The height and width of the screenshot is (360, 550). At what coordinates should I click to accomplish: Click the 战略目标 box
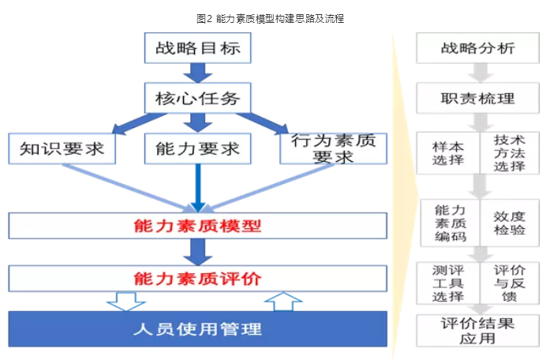[x=197, y=49]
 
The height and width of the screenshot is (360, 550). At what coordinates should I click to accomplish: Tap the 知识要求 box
[x=61, y=148]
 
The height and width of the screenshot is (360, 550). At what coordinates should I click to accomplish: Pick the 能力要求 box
[x=197, y=148]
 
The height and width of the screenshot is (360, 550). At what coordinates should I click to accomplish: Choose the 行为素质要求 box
[x=333, y=148]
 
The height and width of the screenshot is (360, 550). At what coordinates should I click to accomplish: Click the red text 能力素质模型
[x=197, y=226]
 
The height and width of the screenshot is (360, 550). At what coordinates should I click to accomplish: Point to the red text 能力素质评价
[x=197, y=277]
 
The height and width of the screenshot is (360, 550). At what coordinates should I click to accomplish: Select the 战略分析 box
[x=477, y=49]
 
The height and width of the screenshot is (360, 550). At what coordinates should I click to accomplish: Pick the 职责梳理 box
[x=477, y=99]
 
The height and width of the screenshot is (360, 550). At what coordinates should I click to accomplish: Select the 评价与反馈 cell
[x=509, y=283]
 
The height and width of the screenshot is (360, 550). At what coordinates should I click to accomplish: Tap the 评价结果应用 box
[x=477, y=330]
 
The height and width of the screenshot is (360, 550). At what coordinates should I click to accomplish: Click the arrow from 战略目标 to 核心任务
[x=197, y=73]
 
